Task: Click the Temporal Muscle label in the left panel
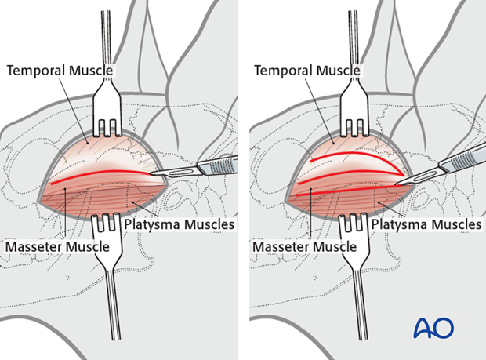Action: (60, 71)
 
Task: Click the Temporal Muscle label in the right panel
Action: (307, 71)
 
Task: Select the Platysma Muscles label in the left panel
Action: (179, 225)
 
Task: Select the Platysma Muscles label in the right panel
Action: (426, 225)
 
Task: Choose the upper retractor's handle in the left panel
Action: (109, 39)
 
